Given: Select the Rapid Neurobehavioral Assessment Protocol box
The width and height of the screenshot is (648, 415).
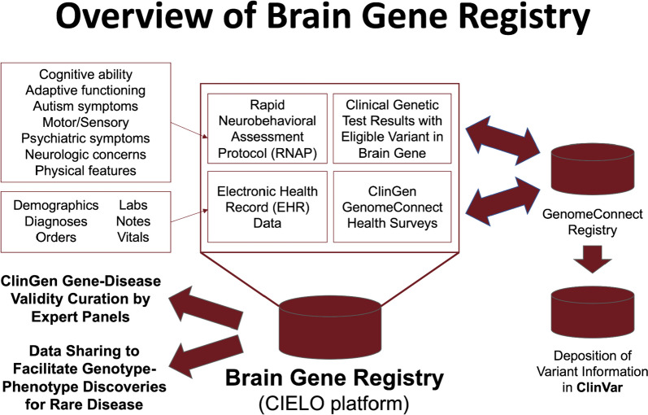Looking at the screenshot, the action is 267,129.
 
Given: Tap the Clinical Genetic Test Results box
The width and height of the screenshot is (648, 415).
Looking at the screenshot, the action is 392,129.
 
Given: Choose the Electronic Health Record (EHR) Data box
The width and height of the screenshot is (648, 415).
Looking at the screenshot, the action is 267,207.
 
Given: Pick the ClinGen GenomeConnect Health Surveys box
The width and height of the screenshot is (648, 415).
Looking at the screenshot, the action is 392,207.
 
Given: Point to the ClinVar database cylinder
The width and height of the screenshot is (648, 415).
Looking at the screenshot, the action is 592,312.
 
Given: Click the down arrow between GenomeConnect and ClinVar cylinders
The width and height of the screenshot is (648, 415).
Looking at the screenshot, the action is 592,259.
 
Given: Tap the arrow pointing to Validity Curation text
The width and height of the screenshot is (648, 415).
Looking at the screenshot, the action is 206,309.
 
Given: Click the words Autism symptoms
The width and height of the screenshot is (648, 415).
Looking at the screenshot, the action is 85,107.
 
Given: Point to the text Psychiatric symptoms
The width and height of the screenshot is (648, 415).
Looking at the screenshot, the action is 85,138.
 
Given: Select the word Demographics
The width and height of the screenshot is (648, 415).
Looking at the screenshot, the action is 56,206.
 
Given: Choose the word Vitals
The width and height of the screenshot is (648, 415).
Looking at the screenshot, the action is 133,238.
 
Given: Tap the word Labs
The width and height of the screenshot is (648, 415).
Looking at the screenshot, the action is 133,205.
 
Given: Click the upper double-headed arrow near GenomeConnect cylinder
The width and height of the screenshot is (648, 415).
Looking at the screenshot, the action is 503,141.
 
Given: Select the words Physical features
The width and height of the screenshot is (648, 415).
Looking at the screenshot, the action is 85,171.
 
